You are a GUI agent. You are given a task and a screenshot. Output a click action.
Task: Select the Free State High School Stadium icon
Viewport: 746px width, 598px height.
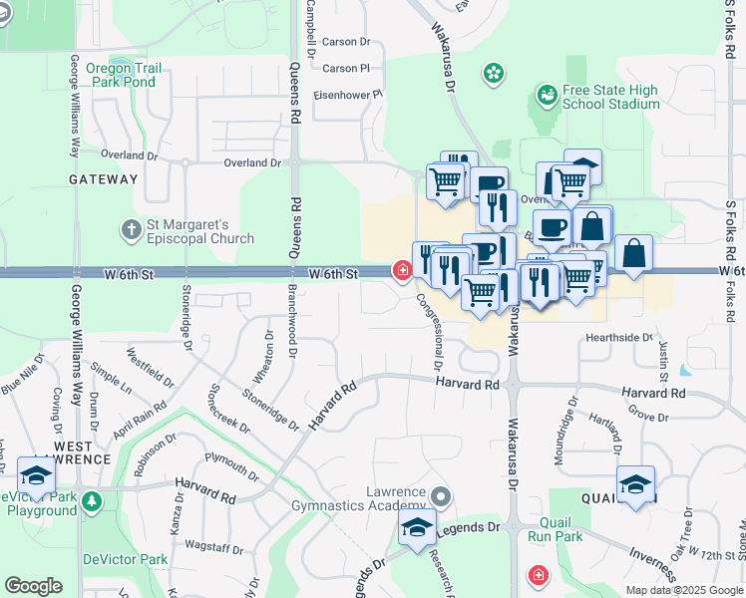pyautogui.click(x=547, y=96)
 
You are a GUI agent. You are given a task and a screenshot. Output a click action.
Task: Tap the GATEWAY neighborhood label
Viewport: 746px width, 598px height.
pyautogui.click(x=103, y=179)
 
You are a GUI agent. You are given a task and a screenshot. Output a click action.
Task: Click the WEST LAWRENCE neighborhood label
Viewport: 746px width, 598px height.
pyautogui.click(x=83, y=451)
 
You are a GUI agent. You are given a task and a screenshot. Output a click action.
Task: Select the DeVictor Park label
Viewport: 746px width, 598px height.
pyautogui.click(x=125, y=559)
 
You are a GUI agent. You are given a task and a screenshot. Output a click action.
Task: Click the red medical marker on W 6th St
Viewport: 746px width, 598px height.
pyautogui.click(x=403, y=270)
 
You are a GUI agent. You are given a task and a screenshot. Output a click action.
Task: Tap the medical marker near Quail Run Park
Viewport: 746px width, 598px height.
pyautogui.click(x=538, y=576)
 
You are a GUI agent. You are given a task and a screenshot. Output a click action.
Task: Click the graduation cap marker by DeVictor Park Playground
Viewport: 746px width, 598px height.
pyautogui.click(x=36, y=473)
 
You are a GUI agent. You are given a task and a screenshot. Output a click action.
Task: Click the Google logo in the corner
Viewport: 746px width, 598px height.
pyautogui.click(x=33, y=586)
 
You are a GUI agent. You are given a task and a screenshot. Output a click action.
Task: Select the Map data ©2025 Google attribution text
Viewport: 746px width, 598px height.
pyautogui.click(x=684, y=590)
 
